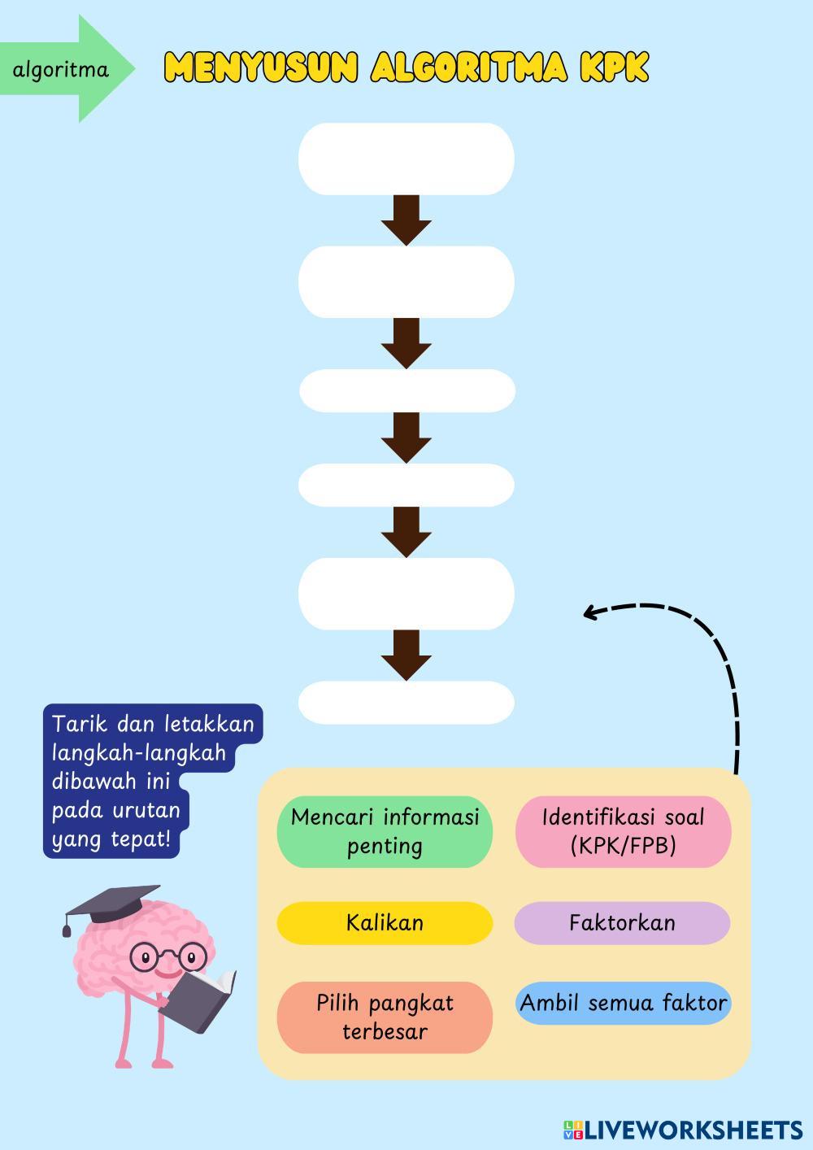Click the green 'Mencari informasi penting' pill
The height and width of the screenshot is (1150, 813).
[x=385, y=831]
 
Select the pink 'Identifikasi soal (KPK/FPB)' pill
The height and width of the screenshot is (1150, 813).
[x=623, y=831]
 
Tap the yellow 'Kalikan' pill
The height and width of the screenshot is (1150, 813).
[x=385, y=923]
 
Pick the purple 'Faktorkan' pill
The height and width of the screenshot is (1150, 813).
[x=622, y=923]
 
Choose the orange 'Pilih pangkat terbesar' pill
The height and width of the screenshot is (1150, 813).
[x=385, y=1017]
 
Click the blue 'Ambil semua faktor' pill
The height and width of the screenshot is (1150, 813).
[x=623, y=1003]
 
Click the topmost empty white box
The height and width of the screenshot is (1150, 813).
[x=406, y=159]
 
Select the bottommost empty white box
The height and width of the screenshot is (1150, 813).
[x=406, y=703]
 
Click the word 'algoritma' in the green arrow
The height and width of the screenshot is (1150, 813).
[x=60, y=70]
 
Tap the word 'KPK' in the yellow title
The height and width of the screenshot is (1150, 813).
[x=614, y=68]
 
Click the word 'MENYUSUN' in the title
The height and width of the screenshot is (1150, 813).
[x=260, y=68]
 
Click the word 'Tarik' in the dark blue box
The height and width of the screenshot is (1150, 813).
[x=78, y=724]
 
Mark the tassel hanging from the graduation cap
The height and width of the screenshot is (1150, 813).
[x=67, y=927]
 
